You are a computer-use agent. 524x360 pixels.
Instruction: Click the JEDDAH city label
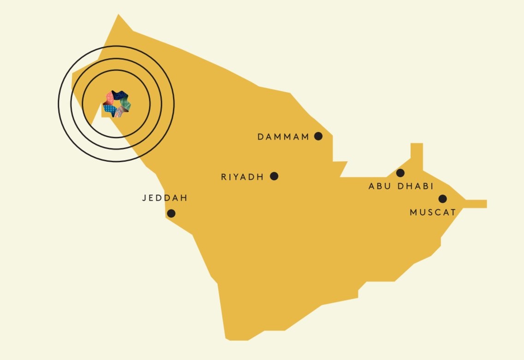pyautogui.click(x=165, y=198)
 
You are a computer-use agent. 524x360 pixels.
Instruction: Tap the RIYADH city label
pyautogui.click(x=242, y=177)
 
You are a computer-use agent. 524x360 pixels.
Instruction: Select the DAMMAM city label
pyautogui.click(x=283, y=137)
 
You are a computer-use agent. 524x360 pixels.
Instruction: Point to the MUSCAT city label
pyautogui.click(x=433, y=212)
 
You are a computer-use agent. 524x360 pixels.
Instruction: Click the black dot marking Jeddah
pyautogui.click(x=171, y=213)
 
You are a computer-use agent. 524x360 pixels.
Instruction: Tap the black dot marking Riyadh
pyautogui.click(x=274, y=176)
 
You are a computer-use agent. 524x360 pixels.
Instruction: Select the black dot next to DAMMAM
pyautogui.click(x=318, y=136)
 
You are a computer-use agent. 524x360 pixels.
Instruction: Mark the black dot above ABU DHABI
pyautogui.click(x=400, y=173)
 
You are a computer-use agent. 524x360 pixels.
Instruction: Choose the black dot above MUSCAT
pyautogui.click(x=442, y=199)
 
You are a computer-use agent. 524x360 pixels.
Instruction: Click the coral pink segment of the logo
pyautogui.click(x=110, y=98)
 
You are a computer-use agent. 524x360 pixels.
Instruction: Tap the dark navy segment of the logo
pyautogui.click(x=120, y=94)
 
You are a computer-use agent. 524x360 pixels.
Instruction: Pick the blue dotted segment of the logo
pyautogui.click(x=109, y=110)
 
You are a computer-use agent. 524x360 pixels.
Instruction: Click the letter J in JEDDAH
pyautogui.click(x=144, y=198)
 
